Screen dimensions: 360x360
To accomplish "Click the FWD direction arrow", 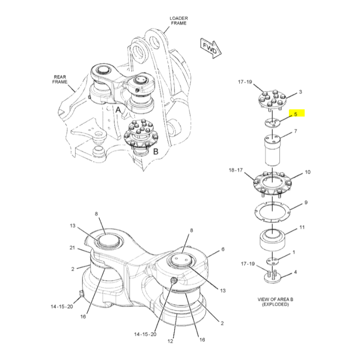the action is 211,49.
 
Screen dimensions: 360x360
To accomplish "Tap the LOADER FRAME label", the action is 179,21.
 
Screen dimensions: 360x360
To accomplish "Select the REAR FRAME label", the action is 60,80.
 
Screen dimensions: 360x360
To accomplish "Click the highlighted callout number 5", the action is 296,114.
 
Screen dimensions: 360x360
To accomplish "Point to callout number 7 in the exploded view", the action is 296,131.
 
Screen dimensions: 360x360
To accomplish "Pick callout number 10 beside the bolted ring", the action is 308,172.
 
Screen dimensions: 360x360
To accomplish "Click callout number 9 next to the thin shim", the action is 306,202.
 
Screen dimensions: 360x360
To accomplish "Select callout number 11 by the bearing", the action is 302,227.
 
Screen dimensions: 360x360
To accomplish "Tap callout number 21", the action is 72,247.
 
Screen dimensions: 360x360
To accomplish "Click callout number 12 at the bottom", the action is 170,341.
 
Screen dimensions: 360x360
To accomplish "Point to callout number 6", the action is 223,249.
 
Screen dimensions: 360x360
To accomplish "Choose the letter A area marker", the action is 118,110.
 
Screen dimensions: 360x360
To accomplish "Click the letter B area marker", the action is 156,151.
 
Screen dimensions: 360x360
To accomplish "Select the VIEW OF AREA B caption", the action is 275,299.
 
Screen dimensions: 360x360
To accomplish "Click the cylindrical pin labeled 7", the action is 272,150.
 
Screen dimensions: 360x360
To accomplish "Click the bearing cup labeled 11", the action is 272,240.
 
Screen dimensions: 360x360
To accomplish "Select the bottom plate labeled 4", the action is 273,278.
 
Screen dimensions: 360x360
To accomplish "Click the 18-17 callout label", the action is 235,170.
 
